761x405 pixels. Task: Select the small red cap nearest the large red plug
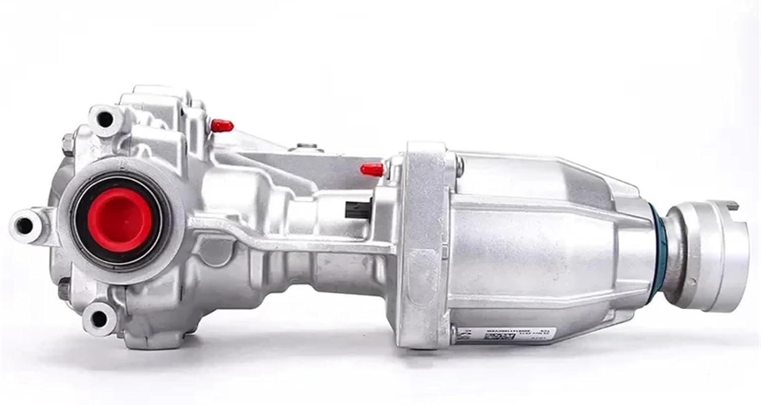coord(222,125)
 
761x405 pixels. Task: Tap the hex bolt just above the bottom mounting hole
coord(63,292)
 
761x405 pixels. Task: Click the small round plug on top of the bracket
coord(304,148)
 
